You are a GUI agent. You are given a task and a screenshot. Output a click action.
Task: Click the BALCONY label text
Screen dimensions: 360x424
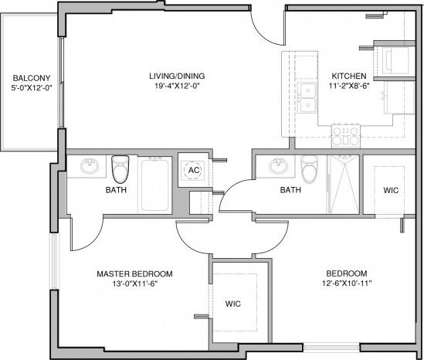coord(31,78)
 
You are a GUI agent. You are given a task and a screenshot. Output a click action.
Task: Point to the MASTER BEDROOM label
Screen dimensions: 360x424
coord(134,274)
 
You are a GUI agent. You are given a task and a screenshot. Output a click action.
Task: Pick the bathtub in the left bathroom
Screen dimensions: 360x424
coord(158,184)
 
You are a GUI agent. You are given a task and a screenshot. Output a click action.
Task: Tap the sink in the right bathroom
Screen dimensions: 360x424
coord(277,166)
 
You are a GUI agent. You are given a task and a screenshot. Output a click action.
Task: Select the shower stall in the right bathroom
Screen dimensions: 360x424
coord(344,183)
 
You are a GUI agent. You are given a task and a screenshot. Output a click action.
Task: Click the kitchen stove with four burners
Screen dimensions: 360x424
coord(346,137)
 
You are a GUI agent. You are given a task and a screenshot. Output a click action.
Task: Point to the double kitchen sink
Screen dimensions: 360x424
coord(309,99)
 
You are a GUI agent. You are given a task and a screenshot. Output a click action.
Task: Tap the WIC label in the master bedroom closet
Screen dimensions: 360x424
coord(233,304)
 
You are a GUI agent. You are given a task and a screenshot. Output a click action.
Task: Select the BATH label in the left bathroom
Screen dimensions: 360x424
coord(116,190)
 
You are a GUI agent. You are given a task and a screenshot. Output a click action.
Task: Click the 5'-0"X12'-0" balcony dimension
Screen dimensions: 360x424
coord(31,88)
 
